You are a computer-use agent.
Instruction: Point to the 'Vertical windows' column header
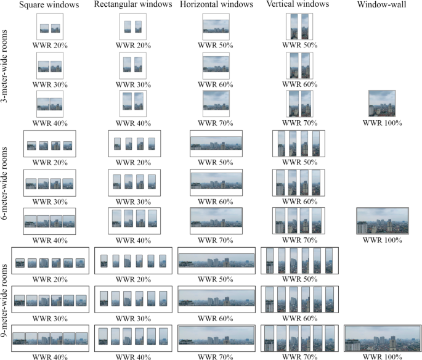298,5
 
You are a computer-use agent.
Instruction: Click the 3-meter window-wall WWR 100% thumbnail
382,103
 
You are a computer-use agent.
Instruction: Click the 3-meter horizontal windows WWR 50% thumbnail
216,27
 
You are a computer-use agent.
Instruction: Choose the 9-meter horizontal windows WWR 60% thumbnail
216,298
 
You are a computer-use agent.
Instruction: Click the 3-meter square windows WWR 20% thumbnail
49,28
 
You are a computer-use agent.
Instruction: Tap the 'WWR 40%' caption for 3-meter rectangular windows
134,123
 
